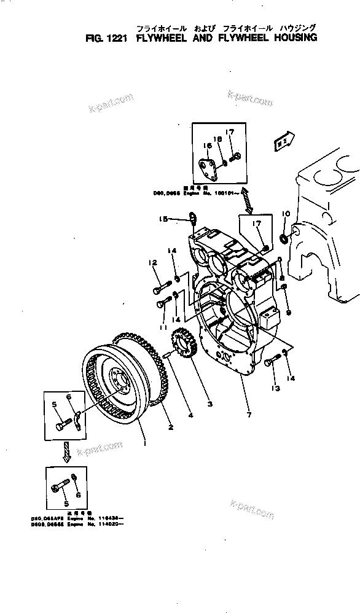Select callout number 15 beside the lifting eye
(163, 218)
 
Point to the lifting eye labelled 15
(192, 217)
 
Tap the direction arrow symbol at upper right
(283, 141)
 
